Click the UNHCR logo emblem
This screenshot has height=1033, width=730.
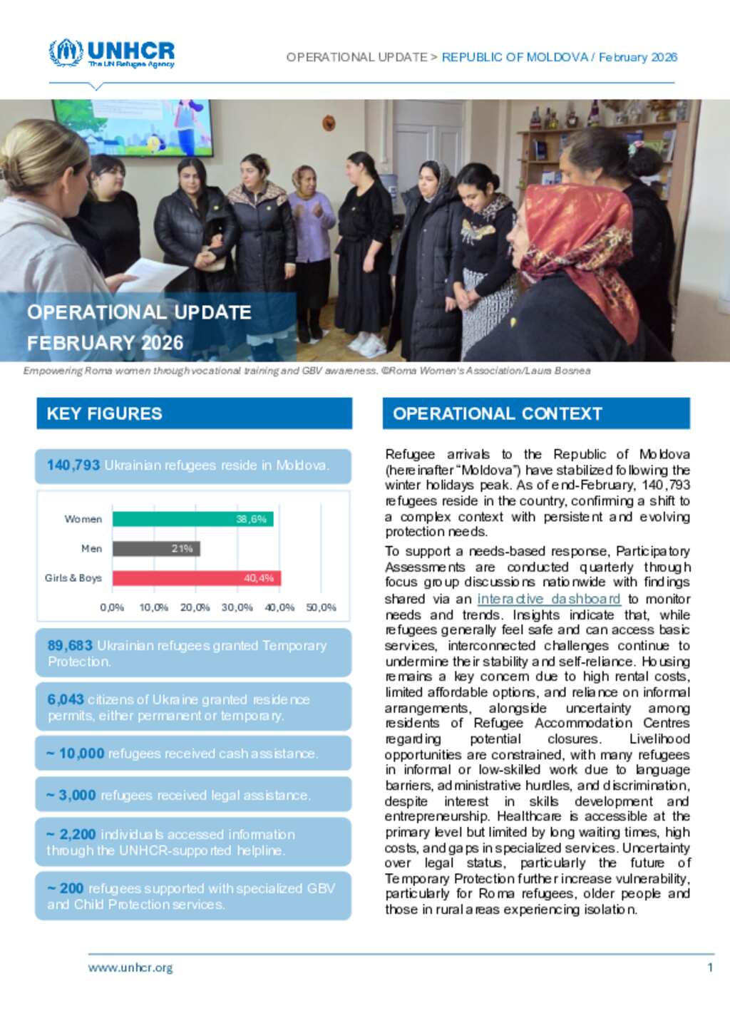coord(66,53)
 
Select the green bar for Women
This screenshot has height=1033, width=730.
coord(192,519)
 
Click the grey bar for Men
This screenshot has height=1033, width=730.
coord(156,548)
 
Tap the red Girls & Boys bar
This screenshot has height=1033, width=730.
coord(196,577)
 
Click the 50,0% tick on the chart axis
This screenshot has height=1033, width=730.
coord(321,607)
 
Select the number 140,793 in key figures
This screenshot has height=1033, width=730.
coord(73,466)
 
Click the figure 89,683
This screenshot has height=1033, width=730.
coord(70,645)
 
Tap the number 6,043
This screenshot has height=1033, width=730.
coord(66,699)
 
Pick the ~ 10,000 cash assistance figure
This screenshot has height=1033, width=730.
coord(76,754)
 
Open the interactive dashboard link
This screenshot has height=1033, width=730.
coord(548,599)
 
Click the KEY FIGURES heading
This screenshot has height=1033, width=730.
coord(105,413)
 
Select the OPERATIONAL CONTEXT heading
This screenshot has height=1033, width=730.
coord(498,413)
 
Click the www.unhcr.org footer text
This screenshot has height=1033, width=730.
coord(130,967)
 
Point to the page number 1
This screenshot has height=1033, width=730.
coord(710,967)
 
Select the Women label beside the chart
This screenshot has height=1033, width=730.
coord(83,519)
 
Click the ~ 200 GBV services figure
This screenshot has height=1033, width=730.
coord(66,888)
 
